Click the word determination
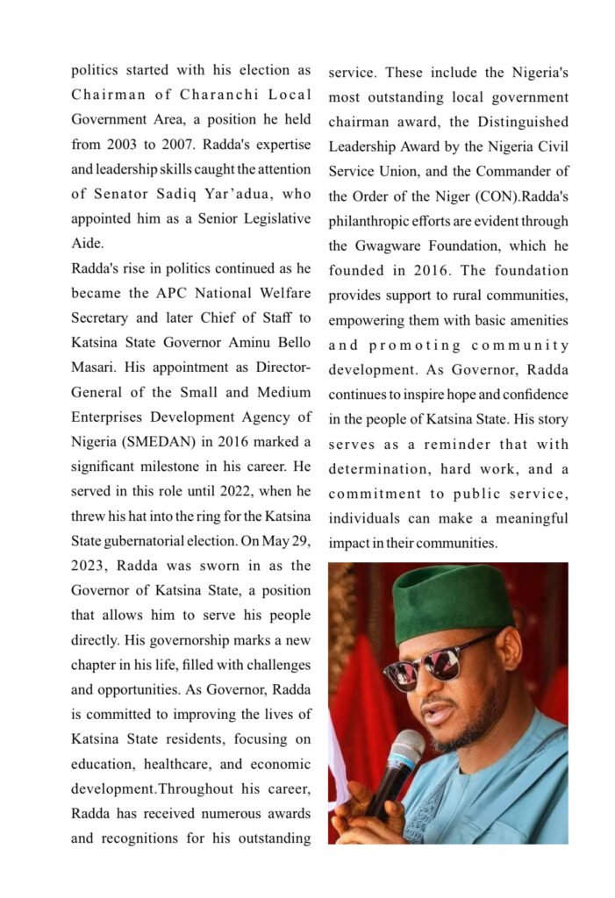pos(375,469)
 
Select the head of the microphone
pos(405,750)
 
